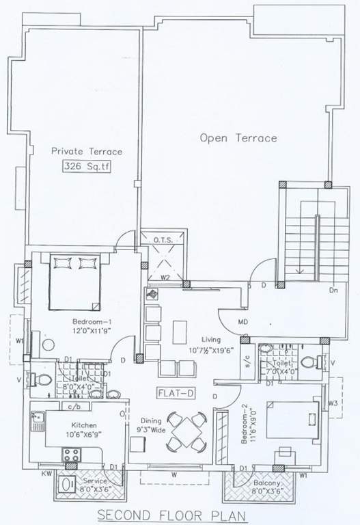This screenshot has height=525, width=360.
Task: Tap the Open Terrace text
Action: tap(238, 138)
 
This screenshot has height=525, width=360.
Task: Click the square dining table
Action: tap(187, 431)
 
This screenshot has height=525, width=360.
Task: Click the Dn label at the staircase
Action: tap(334, 291)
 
